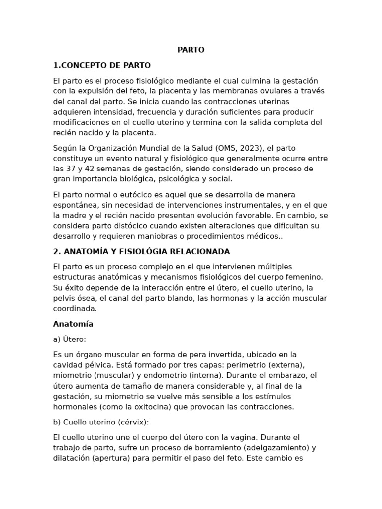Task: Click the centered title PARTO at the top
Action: pyautogui.click(x=191, y=50)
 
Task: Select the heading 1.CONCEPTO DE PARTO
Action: pyautogui.click(x=102, y=65)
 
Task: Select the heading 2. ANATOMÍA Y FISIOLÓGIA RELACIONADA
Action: pyautogui.click(x=141, y=252)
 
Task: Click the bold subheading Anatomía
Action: pyautogui.click(x=73, y=324)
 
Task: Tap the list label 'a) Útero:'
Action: pyautogui.click(x=71, y=339)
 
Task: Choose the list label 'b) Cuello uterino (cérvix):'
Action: pyautogui.click(x=101, y=422)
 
